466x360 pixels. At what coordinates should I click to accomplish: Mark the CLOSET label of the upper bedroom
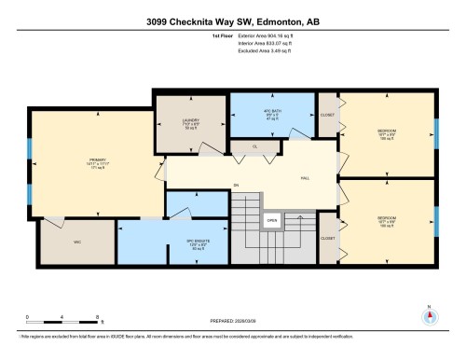pos(327,115)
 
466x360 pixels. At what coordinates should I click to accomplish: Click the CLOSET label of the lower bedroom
pos(327,239)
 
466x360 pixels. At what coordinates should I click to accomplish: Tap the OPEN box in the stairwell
pos(271,221)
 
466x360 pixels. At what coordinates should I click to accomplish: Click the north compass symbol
pos(429,315)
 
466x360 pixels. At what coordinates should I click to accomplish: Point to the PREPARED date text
pos(232,323)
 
